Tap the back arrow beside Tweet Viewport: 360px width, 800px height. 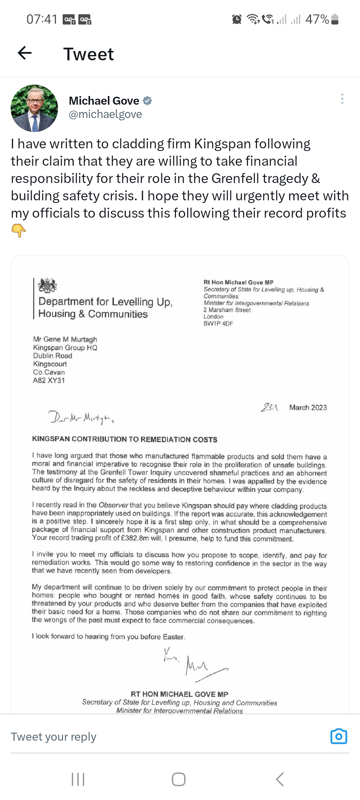pos(25,53)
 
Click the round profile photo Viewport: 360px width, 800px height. pos(34,108)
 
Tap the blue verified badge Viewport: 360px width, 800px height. pos(147,101)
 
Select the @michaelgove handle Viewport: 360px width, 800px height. pos(105,114)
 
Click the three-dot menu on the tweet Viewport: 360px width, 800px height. pos(342,99)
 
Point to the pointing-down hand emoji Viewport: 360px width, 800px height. pos(19,230)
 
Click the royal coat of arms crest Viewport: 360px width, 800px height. pos(48,285)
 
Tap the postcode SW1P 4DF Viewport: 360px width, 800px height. pos(218,323)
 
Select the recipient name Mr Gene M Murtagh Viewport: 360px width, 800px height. pos(65,339)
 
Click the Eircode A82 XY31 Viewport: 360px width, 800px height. pos(49,380)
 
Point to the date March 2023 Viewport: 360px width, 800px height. pos(308,407)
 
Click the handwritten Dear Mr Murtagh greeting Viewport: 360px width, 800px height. pos(82,417)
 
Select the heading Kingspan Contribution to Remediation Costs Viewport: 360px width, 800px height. pos(125,439)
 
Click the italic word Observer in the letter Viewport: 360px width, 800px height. pos(113,505)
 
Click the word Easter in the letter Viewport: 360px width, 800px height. pos(173,637)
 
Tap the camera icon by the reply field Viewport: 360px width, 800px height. pos(339,736)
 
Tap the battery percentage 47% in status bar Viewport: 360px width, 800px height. pos(317,19)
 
